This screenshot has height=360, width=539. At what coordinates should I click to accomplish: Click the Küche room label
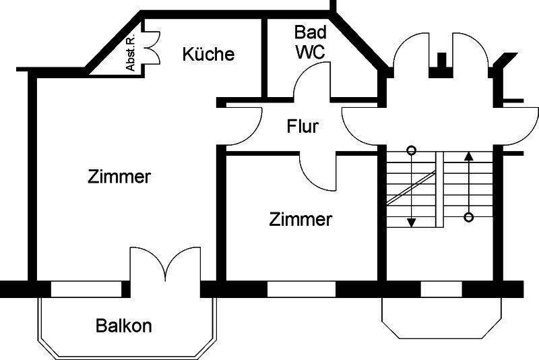click(208, 54)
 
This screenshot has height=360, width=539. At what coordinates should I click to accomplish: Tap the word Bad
click(311, 32)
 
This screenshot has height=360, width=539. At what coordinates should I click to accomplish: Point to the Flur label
click(303, 126)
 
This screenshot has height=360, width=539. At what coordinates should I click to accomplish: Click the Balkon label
click(123, 326)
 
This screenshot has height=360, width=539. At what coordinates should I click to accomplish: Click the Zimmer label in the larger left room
click(119, 177)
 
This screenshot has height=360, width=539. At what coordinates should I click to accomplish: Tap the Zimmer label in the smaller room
click(300, 219)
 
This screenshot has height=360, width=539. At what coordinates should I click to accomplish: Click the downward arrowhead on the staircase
click(412, 222)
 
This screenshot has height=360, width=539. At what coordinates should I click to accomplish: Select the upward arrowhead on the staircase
click(470, 156)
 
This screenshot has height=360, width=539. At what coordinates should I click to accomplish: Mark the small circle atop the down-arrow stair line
click(412, 150)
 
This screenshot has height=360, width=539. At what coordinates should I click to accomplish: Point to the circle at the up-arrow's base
click(470, 217)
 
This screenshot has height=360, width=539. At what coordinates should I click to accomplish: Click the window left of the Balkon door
click(86, 289)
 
